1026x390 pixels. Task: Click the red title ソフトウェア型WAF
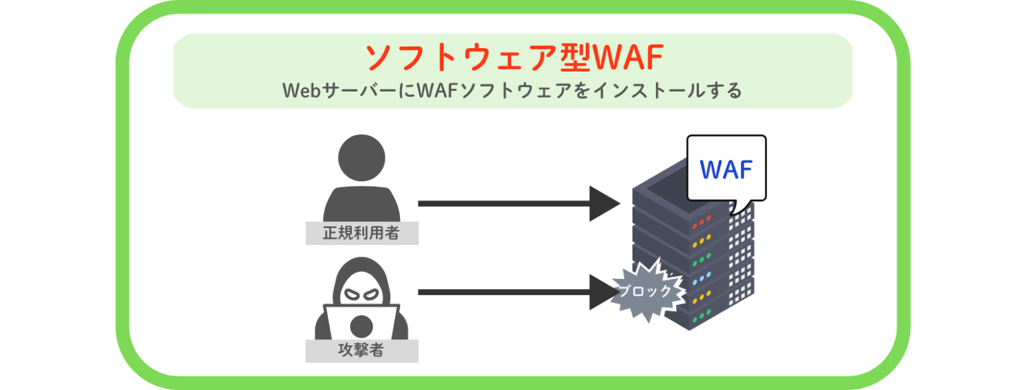513,58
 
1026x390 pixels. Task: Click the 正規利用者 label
361,233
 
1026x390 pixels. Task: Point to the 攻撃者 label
361,350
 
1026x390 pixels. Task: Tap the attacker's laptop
361,322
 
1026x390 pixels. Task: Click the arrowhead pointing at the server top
605,203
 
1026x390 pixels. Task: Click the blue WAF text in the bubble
726,169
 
